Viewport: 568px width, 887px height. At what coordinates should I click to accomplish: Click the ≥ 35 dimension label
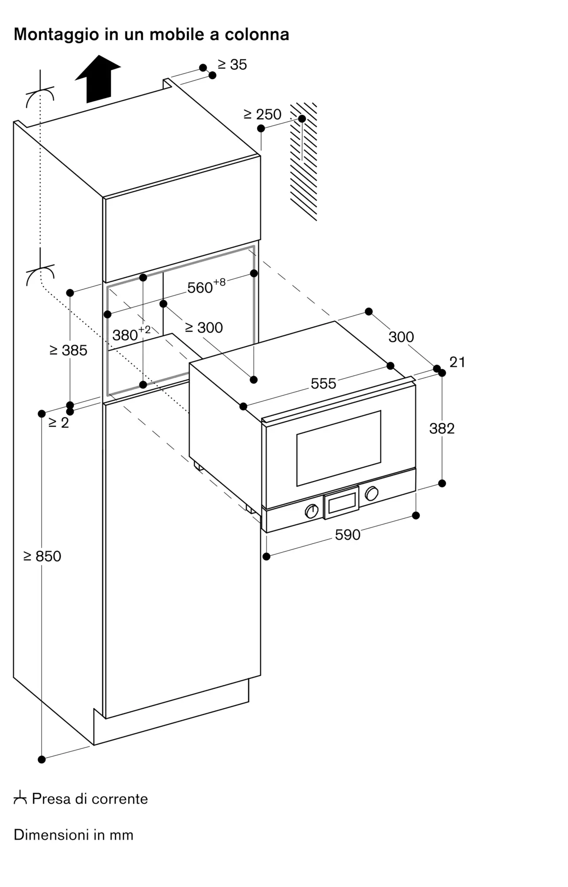[x=232, y=65]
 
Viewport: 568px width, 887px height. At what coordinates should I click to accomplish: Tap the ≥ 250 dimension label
[x=263, y=114]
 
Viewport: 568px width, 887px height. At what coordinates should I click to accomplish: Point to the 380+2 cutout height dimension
[x=132, y=334]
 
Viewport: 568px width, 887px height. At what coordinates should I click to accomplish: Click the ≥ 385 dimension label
[x=69, y=350]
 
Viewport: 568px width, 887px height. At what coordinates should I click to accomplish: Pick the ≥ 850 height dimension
[x=42, y=556]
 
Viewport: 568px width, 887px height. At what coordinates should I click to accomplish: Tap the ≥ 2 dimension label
[x=59, y=423]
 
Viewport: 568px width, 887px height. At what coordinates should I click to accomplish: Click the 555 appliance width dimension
[x=323, y=384]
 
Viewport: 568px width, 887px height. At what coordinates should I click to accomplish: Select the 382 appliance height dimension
[x=442, y=428]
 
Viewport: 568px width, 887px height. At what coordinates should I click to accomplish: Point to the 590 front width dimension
[x=348, y=535]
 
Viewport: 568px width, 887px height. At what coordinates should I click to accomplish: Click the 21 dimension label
[x=457, y=362]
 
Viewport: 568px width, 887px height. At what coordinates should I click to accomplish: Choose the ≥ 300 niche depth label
[x=204, y=328]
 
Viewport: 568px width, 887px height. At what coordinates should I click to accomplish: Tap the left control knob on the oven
[x=312, y=511]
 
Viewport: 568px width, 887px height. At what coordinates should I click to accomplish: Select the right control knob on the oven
[x=371, y=493]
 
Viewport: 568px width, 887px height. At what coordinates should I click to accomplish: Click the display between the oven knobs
[x=342, y=502]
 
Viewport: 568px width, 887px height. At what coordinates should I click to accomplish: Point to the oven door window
[x=339, y=448]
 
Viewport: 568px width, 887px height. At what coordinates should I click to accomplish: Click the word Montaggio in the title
[x=56, y=35]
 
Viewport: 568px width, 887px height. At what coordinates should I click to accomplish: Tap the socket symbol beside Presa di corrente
[x=20, y=799]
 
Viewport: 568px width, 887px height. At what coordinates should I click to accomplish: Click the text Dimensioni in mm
[x=74, y=835]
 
